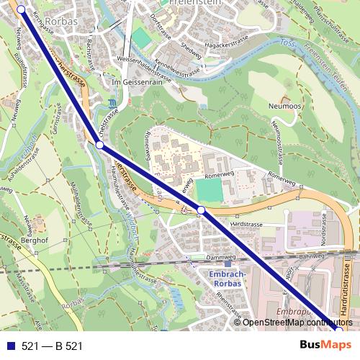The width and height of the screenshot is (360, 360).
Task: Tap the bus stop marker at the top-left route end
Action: click(20, 9)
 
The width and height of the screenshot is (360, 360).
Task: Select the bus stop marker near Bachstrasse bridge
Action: click(99, 145)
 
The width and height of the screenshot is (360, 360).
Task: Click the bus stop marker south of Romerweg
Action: click(202, 210)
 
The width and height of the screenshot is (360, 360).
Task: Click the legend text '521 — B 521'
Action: click(52, 346)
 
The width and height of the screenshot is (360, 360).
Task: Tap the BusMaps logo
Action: click(321, 345)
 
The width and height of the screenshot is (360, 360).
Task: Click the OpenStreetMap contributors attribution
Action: click(296, 323)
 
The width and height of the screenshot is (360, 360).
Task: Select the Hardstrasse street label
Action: click(246, 225)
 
